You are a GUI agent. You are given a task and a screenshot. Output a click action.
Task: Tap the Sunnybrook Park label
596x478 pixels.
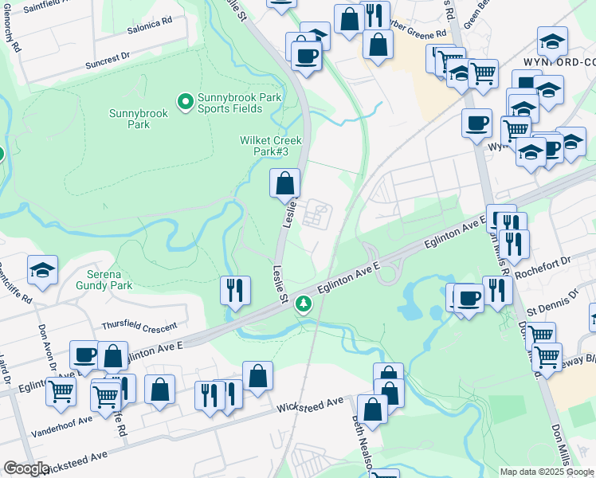pos(139,119)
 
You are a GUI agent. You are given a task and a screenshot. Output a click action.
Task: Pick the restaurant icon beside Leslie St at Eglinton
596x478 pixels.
pos(235,290)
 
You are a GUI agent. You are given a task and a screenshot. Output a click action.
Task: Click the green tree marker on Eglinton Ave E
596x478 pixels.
pos(303,304)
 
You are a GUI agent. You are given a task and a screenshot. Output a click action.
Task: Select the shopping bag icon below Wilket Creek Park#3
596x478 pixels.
pos(285,185)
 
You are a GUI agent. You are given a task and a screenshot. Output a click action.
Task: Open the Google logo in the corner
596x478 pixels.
pos(26,468)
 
